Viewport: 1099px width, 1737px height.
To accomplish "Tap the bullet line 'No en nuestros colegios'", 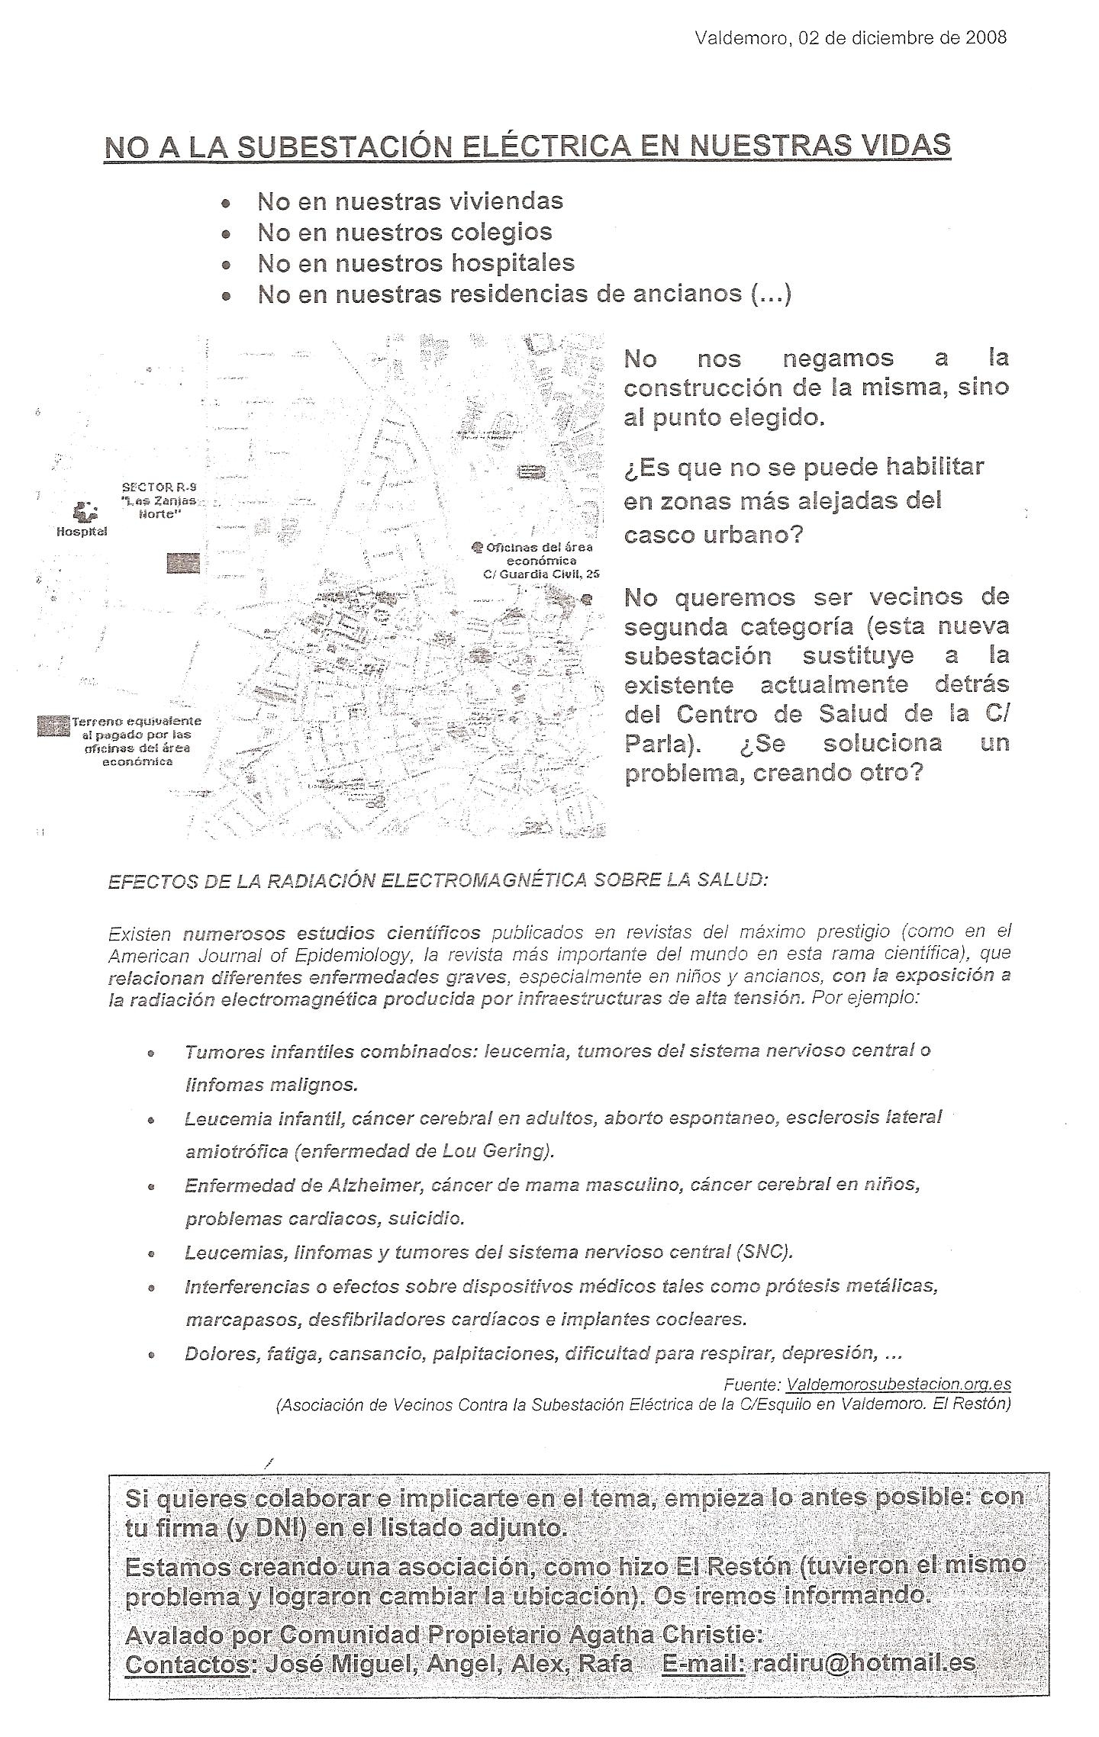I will [x=404, y=232].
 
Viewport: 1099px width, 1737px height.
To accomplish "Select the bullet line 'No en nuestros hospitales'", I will [x=416, y=263].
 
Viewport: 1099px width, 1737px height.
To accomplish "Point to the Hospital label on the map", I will [x=82, y=532].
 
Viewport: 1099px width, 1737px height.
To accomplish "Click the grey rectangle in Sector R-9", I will [x=183, y=563].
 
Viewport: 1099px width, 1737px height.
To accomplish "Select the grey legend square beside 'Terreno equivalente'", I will [x=53, y=725].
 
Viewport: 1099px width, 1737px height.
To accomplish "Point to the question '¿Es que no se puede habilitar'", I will [x=804, y=467].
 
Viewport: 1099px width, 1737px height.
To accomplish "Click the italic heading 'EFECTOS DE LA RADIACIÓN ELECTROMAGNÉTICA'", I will [x=437, y=880].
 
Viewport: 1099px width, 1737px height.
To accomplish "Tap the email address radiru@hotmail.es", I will [x=864, y=1679].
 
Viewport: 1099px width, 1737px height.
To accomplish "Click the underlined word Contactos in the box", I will [x=188, y=1681].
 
